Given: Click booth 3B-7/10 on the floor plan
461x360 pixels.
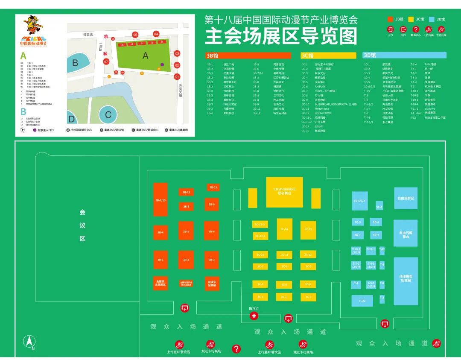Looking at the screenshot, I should coord(160,200).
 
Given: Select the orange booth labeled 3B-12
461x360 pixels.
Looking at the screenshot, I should coord(213,187).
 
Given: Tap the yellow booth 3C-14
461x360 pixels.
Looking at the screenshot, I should coord(284,229).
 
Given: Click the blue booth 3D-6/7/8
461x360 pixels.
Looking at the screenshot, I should coord(359,201).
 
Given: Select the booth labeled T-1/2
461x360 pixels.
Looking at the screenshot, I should coord(362,301).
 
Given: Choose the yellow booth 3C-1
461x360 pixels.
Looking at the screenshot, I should coord(260,296).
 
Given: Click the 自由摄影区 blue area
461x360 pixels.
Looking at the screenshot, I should coord(406,199).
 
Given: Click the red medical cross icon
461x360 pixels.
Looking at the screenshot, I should coord(254,316).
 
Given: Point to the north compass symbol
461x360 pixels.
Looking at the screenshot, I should coord(29,342).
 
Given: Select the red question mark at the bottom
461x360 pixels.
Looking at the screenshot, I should coord(236,349).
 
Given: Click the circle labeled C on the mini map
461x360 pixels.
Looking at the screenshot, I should coord(108,114).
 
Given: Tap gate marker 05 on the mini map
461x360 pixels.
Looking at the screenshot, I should coord(135,35).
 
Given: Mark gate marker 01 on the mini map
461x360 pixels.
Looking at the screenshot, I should coord(177,77).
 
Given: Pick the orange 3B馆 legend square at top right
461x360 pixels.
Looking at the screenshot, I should coord(390,19).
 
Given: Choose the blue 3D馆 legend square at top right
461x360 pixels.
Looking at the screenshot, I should coord(432,19).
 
